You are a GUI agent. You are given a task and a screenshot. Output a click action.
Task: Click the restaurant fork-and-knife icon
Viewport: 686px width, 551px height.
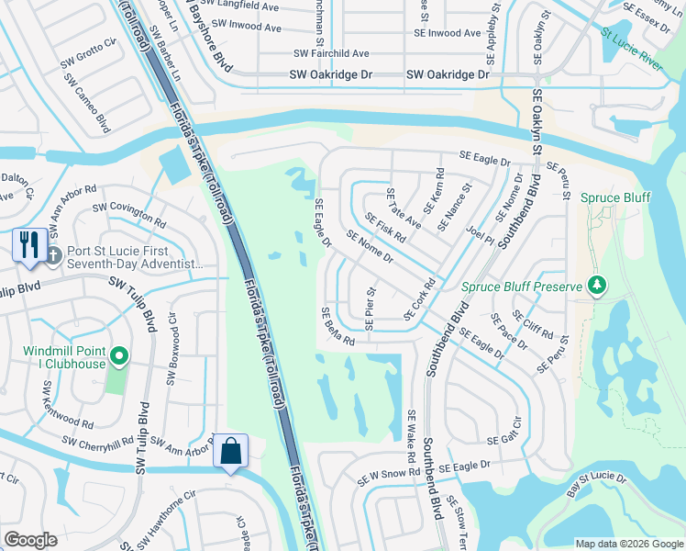tap(29, 245)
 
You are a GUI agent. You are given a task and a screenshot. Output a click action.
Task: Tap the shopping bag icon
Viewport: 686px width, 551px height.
tap(229, 451)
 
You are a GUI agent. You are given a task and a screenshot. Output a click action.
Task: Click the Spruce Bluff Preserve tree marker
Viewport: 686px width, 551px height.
tap(597, 287)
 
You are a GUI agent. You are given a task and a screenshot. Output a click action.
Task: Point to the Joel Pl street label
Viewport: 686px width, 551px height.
tap(481, 237)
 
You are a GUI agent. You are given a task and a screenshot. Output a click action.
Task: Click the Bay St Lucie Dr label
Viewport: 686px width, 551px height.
tap(595, 487)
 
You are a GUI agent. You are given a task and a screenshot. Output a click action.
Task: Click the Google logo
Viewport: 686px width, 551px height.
tap(30, 540)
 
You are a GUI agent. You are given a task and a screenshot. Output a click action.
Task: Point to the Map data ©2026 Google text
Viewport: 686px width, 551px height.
tap(628, 543)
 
